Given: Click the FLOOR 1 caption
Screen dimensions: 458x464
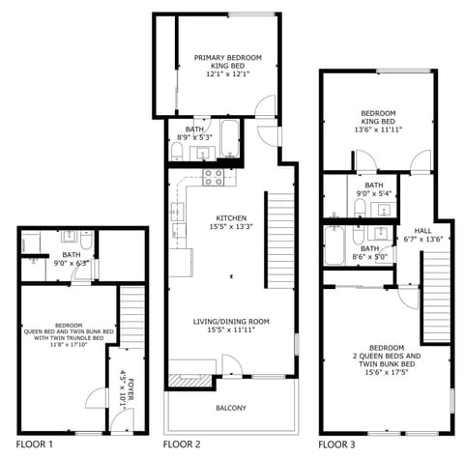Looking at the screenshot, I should (x=34, y=444).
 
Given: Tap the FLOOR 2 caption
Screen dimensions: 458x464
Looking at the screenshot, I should (x=182, y=444).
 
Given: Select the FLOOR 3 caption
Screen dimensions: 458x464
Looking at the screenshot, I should (x=338, y=444).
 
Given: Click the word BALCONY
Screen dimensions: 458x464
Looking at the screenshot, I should (x=230, y=408).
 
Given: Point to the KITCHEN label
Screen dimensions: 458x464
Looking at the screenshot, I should (x=232, y=217).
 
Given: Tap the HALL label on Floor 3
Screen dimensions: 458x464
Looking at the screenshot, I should (x=423, y=230).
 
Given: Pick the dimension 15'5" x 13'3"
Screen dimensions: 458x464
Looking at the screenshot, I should (x=232, y=227).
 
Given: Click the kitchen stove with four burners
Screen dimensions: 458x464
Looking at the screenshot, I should (x=214, y=177).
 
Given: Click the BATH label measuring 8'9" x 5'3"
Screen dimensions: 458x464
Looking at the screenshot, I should (x=195, y=129).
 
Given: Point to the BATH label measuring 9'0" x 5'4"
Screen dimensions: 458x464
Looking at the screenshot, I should (x=374, y=185).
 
